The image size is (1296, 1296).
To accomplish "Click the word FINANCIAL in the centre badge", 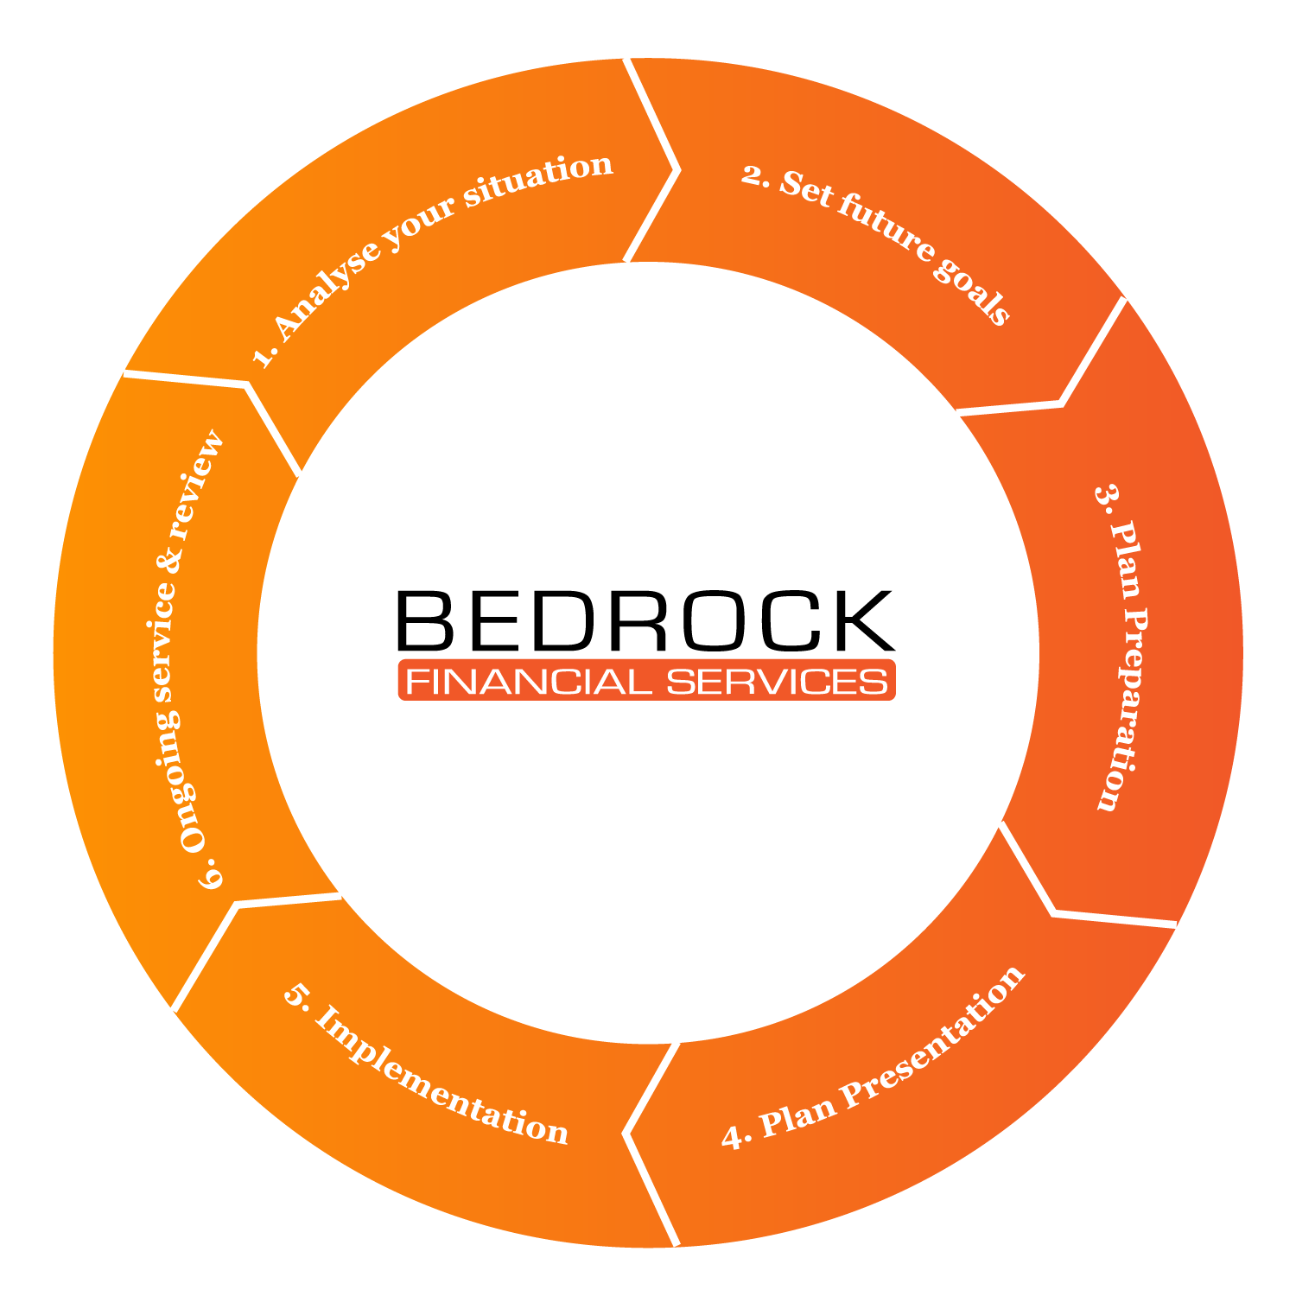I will pos(528,682).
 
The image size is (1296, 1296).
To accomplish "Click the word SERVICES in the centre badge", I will pos(777,682).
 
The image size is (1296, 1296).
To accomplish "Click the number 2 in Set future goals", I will pos(753,175).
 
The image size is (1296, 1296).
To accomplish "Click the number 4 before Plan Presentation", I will pos(734,1138).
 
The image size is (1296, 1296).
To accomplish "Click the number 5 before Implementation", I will pos(295,995).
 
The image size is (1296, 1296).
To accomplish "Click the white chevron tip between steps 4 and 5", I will pos(626,1133).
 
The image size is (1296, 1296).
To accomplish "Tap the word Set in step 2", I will pos(807,189).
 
